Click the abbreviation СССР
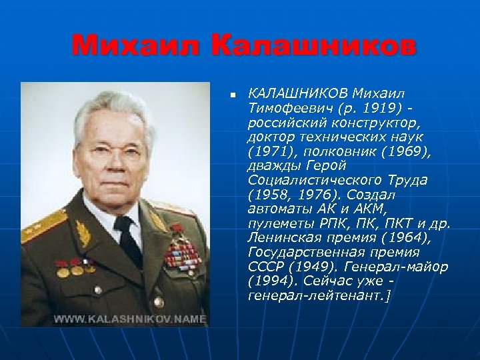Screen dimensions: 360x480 tap(264, 267)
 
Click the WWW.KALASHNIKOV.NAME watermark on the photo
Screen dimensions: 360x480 tap(130, 319)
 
